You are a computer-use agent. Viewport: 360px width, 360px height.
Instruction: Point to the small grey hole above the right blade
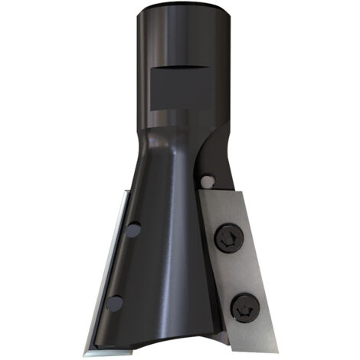tap(206, 180)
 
